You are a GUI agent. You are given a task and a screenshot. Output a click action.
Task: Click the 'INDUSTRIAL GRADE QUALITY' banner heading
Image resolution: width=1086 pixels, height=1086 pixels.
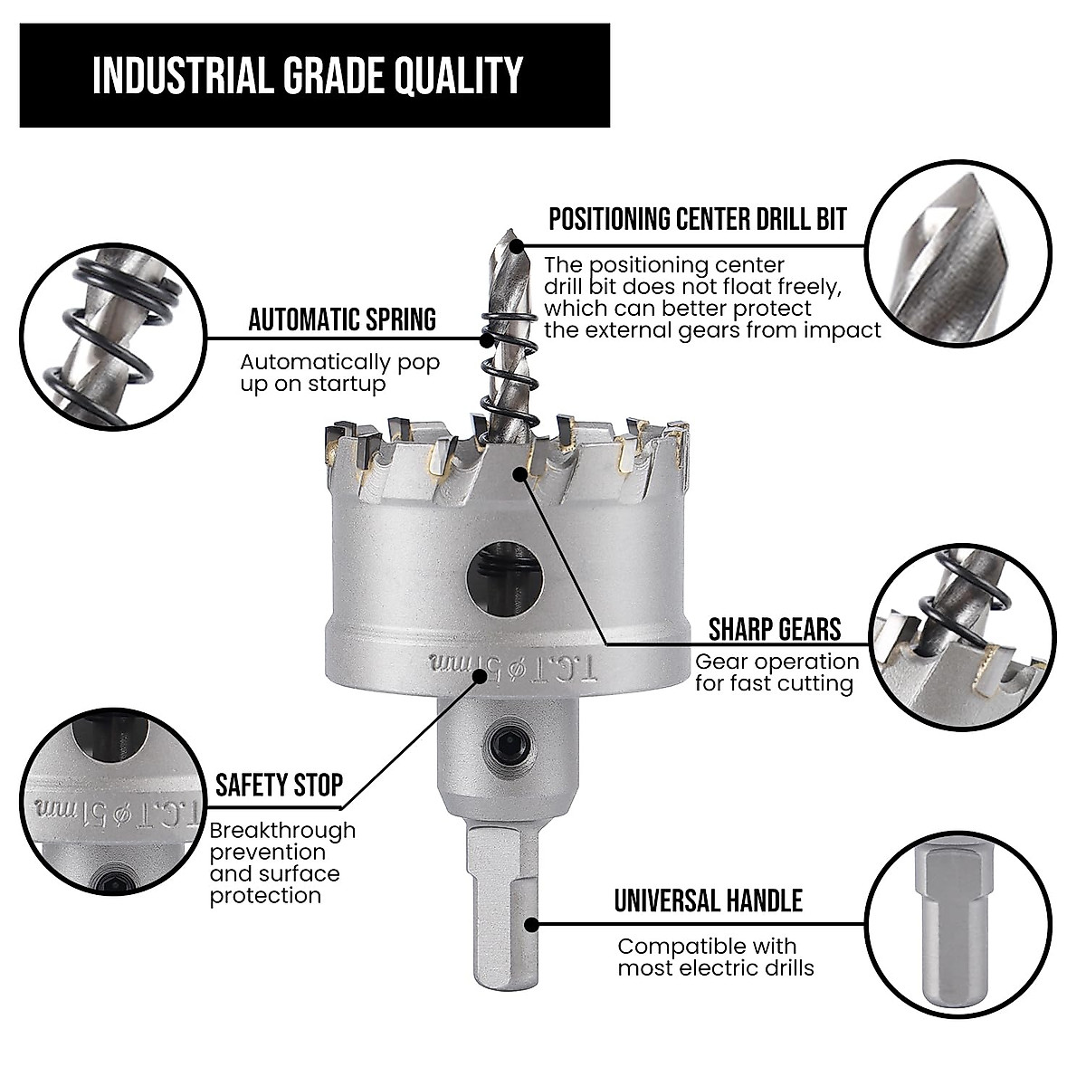coord(308,76)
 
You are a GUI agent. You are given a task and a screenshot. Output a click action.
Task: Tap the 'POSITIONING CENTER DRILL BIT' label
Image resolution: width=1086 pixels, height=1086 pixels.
coord(698,219)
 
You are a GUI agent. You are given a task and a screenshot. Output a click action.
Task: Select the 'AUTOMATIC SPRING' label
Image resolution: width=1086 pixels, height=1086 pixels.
coord(342,319)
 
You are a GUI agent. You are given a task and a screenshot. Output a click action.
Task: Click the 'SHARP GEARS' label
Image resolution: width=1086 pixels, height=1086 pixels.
coord(775,629)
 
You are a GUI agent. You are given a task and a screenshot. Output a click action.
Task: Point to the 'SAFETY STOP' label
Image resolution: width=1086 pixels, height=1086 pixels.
coord(279,785)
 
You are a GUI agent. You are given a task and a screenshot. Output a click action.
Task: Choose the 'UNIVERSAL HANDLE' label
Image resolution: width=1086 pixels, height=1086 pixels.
coord(709,900)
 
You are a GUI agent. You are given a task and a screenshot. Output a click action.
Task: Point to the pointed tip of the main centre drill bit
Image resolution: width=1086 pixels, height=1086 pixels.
coord(511,238)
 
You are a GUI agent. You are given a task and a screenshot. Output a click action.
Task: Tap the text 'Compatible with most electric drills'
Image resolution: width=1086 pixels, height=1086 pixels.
coord(715,957)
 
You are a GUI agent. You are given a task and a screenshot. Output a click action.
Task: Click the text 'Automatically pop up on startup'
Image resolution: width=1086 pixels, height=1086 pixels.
coord(339,373)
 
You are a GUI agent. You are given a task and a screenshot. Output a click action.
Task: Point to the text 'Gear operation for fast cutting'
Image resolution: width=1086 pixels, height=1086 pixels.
coord(776,672)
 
